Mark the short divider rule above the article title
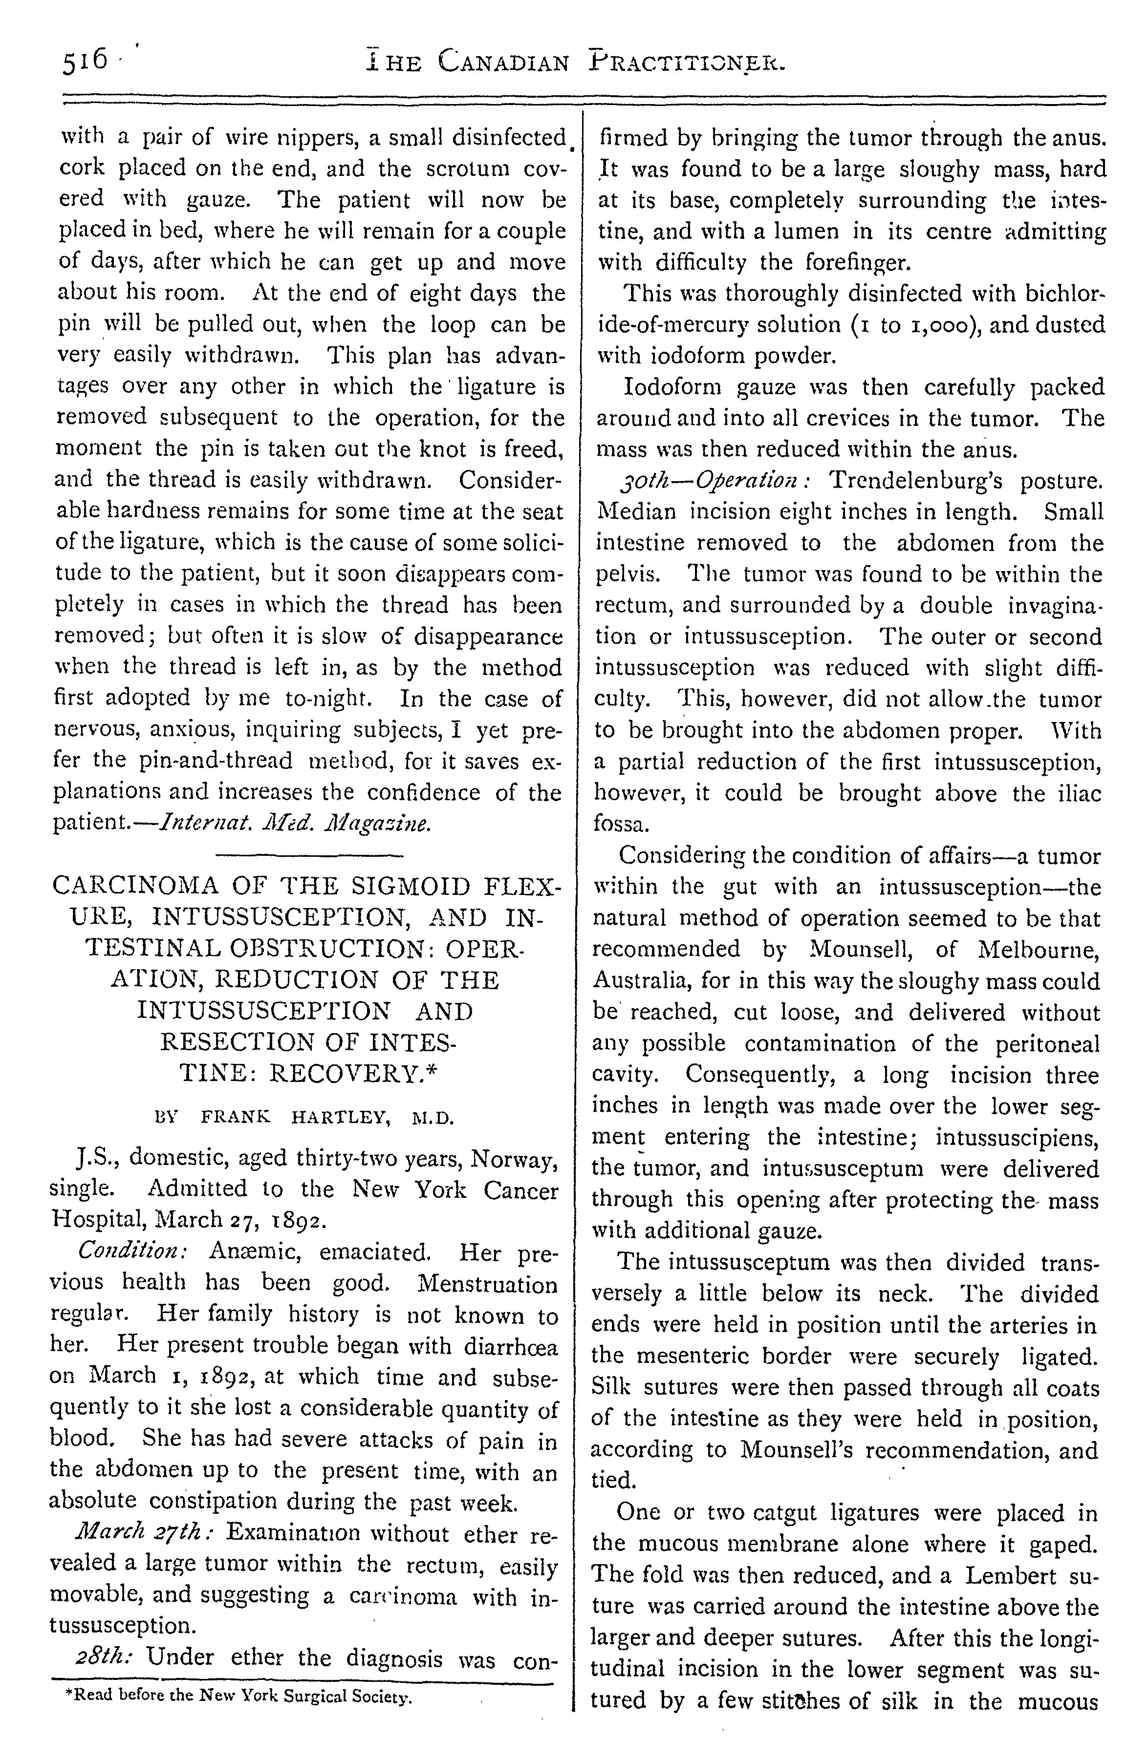[308, 856]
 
